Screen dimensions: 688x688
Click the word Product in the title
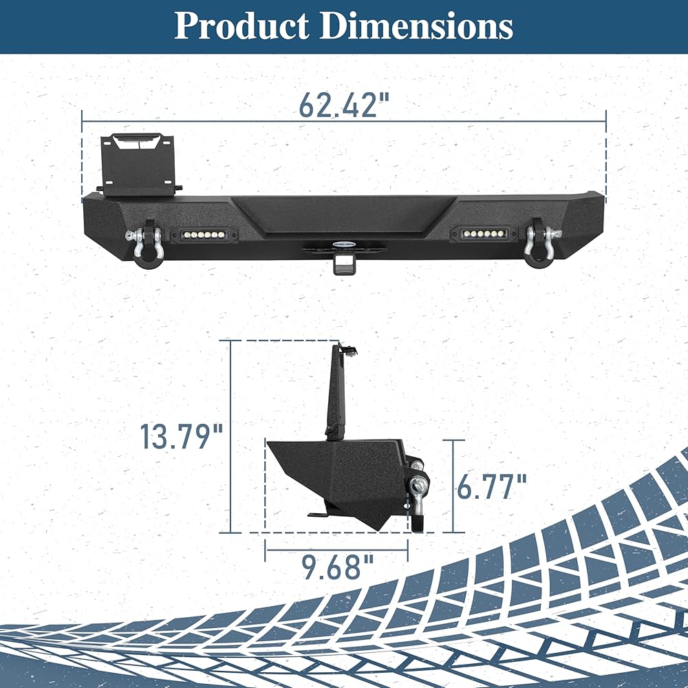click(241, 26)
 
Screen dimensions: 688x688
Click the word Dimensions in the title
click(416, 26)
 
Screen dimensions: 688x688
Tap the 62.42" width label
click(344, 105)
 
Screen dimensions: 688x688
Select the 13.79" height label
click(182, 436)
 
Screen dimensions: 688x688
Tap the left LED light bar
click(202, 235)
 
